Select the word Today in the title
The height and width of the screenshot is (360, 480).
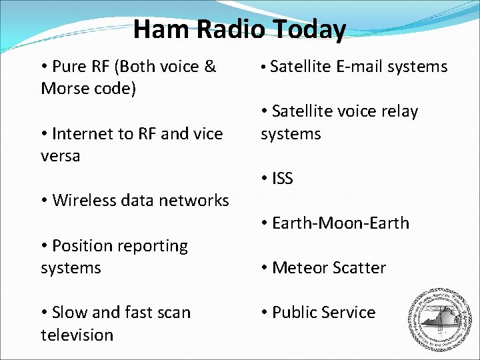pyautogui.click(x=309, y=29)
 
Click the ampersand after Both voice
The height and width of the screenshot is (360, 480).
pyautogui.click(x=210, y=67)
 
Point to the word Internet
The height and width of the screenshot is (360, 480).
pyautogui.click(x=83, y=134)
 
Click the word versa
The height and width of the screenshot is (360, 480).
pyautogui.click(x=60, y=156)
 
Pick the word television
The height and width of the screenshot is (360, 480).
pyautogui.click(x=77, y=335)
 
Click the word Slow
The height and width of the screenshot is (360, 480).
pyautogui.click(x=69, y=313)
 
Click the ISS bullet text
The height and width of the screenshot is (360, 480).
pyautogui.click(x=283, y=179)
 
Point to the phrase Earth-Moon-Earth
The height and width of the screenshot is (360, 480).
pyautogui.click(x=341, y=223)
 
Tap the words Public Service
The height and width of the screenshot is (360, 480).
pyautogui.click(x=323, y=313)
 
